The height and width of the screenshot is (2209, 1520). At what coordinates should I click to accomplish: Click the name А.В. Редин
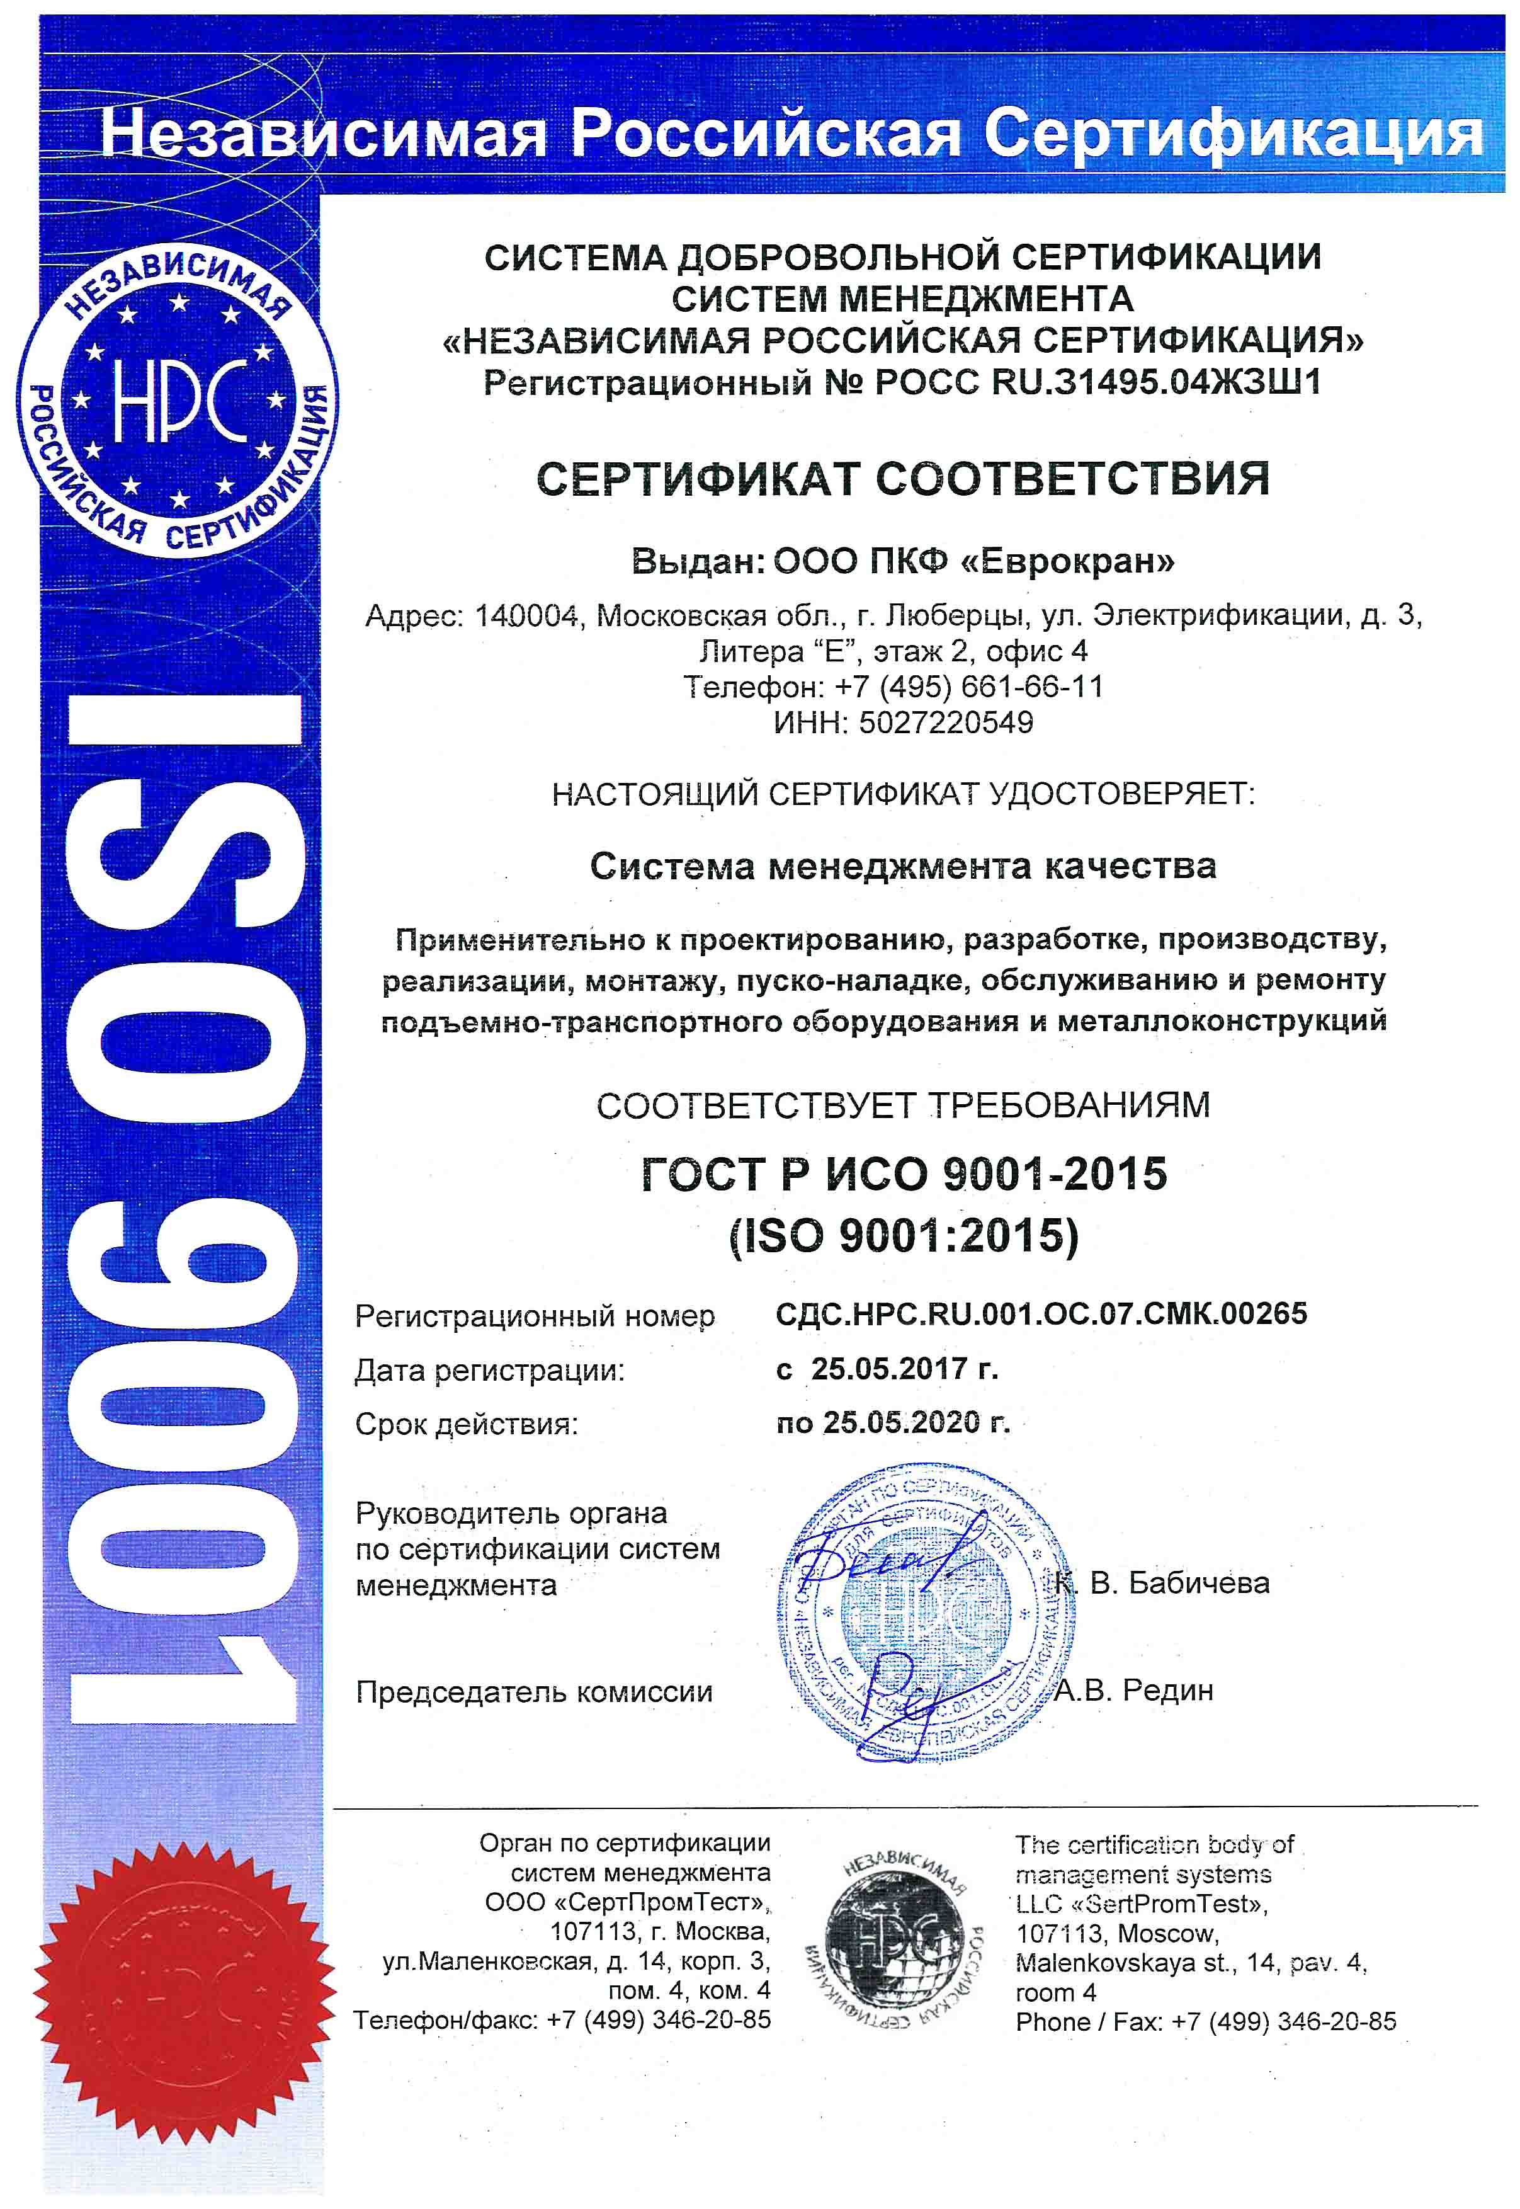[1133, 1690]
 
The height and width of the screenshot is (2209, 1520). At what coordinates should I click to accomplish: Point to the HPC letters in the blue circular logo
[179, 403]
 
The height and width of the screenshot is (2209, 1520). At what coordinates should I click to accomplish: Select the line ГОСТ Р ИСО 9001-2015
[903, 1173]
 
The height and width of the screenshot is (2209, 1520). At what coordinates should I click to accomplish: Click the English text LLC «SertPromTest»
[1141, 1904]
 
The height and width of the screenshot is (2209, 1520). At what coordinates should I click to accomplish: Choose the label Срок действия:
[466, 1424]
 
